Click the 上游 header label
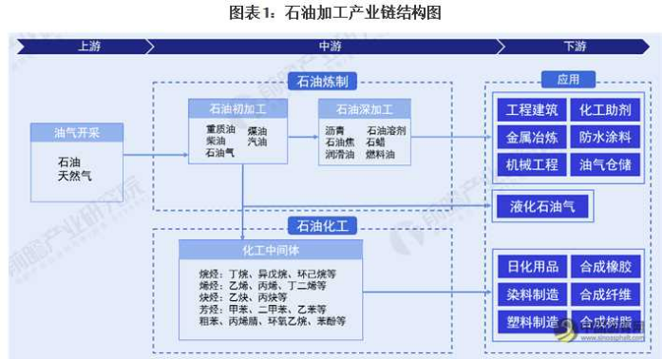(x=88, y=46)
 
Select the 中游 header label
(x=330, y=46)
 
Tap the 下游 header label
(x=574, y=46)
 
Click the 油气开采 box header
(x=77, y=133)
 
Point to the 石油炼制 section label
(x=322, y=83)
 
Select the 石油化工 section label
(x=322, y=225)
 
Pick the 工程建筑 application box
(x=531, y=110)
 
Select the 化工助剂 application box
(x=605, y=110)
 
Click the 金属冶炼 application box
(x=531, y=137)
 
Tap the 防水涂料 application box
(x=605, y=137)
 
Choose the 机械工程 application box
(x=531, y=164)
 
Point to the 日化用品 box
(x=531, y=267)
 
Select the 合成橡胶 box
(x=605, y=267)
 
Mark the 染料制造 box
(x=531, y=294)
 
